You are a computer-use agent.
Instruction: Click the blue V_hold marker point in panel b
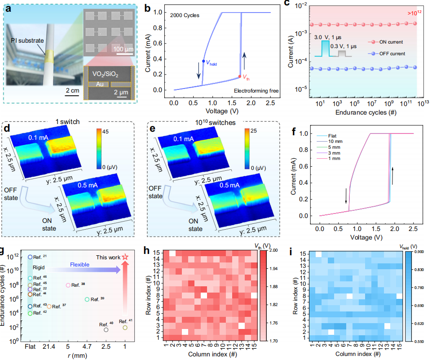point(203,61)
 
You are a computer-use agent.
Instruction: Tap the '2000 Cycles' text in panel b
point(185,15)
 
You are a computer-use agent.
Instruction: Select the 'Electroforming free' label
point(256,91)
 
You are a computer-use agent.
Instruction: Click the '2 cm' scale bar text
point(72,91)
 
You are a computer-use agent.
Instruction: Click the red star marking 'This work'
point(125,257)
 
